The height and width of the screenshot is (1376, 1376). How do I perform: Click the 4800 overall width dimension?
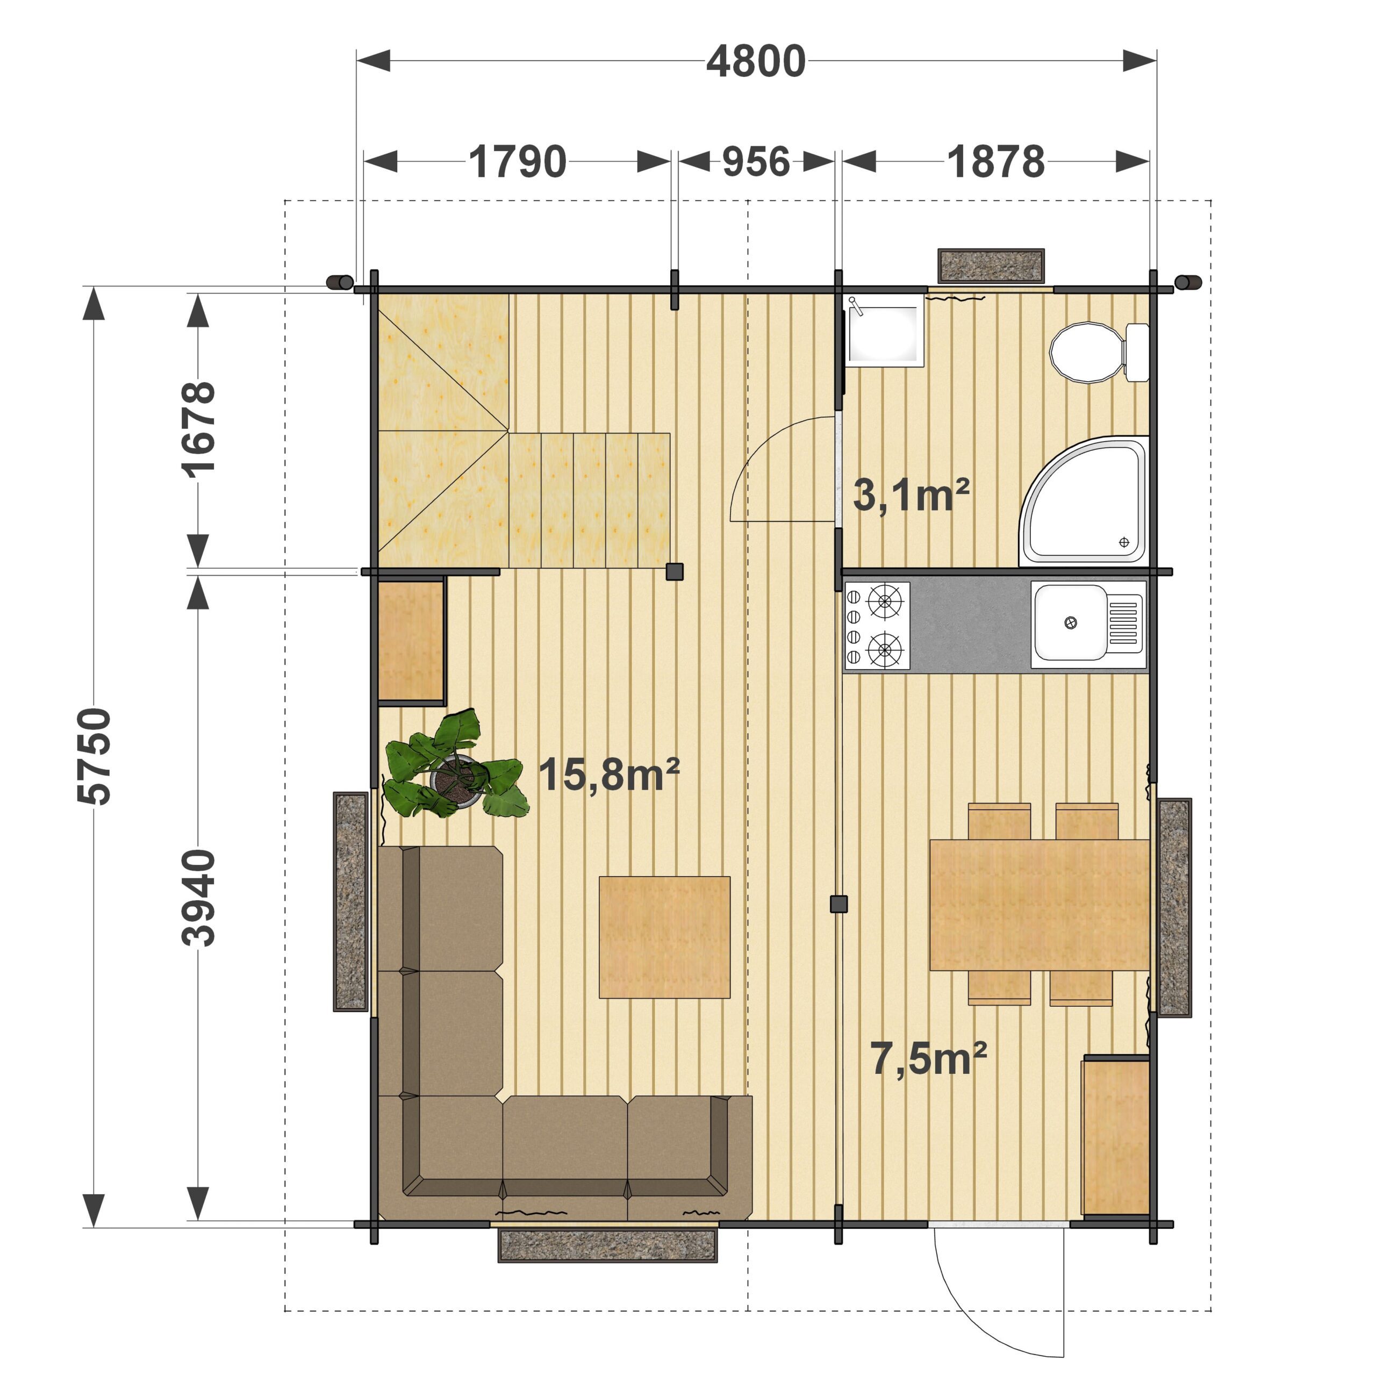pyautogui.click(x=756, y=61)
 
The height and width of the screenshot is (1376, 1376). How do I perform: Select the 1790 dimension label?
pyautogui.click(x=518, y=162)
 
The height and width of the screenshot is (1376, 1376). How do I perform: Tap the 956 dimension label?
pyautogui.click(x=756, y=162)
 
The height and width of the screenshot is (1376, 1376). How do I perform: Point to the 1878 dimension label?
pyautogui.click(x=995, y=162)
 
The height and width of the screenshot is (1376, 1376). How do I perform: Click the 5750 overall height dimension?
pyautogui.click(x=95, y=756)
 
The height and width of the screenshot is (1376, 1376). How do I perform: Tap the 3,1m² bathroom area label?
pyautogui.click(x=911, y=495)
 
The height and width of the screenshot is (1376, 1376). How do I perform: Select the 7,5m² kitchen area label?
pyautogui.click(x=929, y=1058)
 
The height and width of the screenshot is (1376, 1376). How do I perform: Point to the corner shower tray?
pyautogui.click(x=1084, y=501)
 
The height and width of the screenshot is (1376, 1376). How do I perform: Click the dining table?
pyautogui.click(x=1040, y=905)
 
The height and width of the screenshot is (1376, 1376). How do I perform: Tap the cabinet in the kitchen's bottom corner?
pyautogui.click(x=1116, y=1137)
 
